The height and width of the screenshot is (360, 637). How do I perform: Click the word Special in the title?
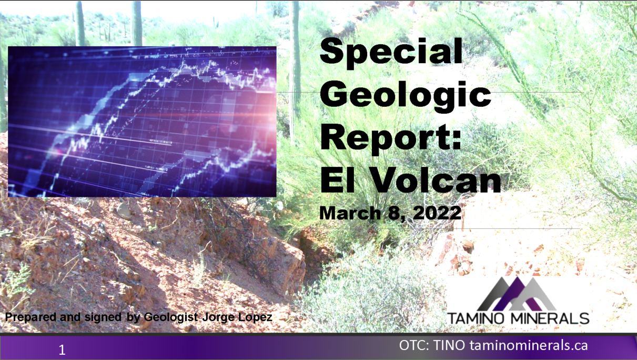pos(391,53)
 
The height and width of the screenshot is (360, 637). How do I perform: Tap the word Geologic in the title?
pos(406,97)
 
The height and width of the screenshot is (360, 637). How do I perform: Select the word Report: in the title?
pos(390,140)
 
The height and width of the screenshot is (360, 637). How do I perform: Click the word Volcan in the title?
pos(436,180)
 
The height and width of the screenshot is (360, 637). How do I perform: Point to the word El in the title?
pos(338,180)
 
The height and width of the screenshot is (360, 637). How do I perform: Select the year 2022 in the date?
pos(437,213)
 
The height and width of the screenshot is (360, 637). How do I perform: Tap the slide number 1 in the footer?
pos(62,350)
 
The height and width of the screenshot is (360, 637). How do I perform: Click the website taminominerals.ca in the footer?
pos(529,345)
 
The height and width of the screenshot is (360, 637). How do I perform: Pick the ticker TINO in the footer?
pos(449,345)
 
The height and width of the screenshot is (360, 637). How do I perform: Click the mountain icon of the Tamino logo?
pos(516,294)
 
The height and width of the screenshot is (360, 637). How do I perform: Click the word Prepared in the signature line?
pos(31,317)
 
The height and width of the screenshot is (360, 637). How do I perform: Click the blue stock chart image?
pos(142,122)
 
